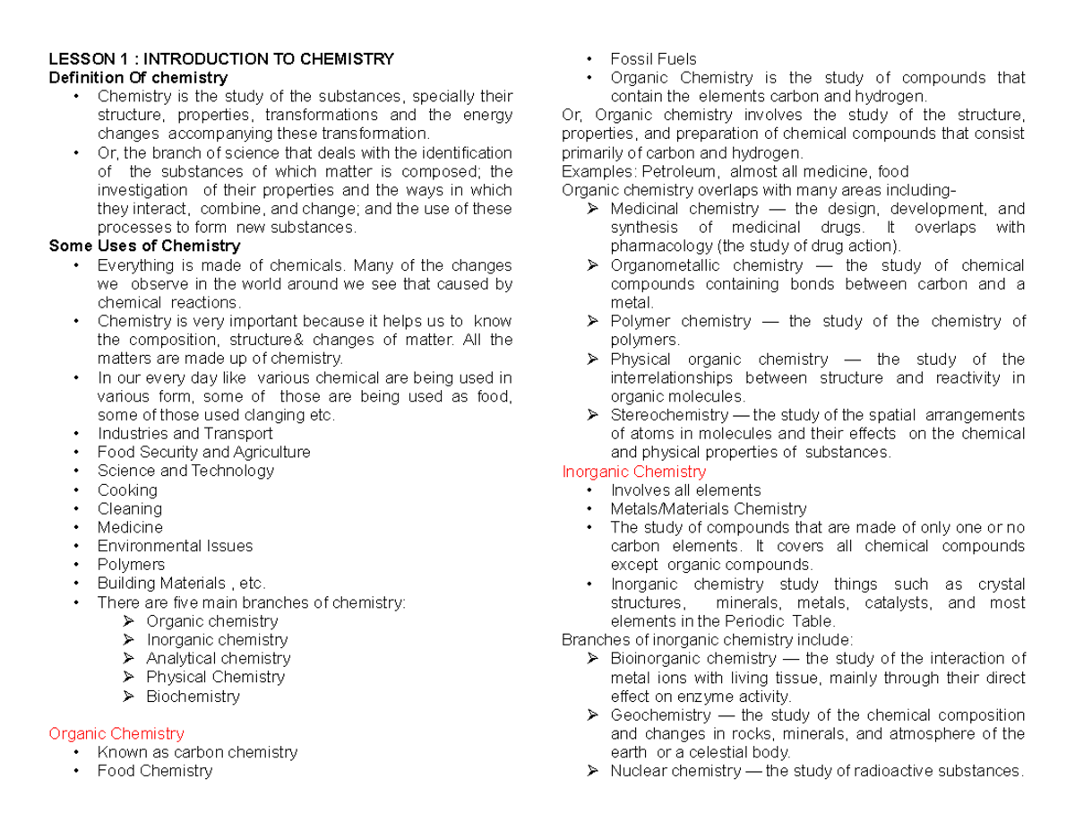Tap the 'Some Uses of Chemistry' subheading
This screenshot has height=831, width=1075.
pos(144,246)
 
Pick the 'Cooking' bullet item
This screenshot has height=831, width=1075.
pos(126,489)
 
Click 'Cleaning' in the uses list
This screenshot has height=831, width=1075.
pos(129,508)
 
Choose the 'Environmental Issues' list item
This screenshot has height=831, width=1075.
pos(175,545)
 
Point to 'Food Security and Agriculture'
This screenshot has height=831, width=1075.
pos(203,452)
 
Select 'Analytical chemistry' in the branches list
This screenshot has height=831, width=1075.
pos(218,658)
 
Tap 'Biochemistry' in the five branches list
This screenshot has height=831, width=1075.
pos(193,696)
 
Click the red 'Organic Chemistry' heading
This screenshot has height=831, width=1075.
pos(116,733)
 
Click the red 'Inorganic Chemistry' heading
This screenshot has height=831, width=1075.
pos(633,471)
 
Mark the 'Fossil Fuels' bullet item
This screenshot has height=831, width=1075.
pos(653,59)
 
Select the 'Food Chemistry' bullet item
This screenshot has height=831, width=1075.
pos(154,770)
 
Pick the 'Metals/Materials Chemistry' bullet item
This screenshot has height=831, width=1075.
pos(708,508)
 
